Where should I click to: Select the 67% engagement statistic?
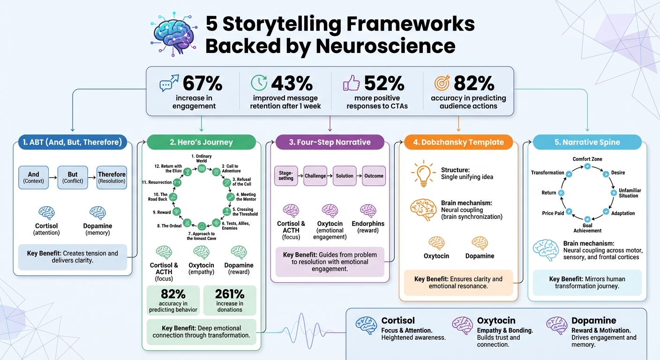[x=202, y=83]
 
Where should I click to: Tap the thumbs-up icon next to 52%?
[x=352, y=83]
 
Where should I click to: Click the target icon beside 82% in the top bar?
[x=442, y=83]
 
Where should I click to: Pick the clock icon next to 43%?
[x=259, y=83]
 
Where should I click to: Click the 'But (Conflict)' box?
[x=73, y=177]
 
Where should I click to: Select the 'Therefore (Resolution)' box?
[x=112, y=177]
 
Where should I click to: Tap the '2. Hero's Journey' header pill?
[x=201, y=142]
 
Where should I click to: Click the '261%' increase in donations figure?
[x=230, y=294]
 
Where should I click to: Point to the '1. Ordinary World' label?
[x=202, y=158]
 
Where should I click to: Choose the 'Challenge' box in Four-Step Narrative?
[x=315, y=176]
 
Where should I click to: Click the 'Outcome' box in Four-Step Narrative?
[x=374, y=176]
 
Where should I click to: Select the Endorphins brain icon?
[x=367, y=210]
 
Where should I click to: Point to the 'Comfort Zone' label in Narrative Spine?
[x=587, y=159]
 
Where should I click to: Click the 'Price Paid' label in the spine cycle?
[x=553, y=213]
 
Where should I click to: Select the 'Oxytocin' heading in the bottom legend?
[x=496, y=321]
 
